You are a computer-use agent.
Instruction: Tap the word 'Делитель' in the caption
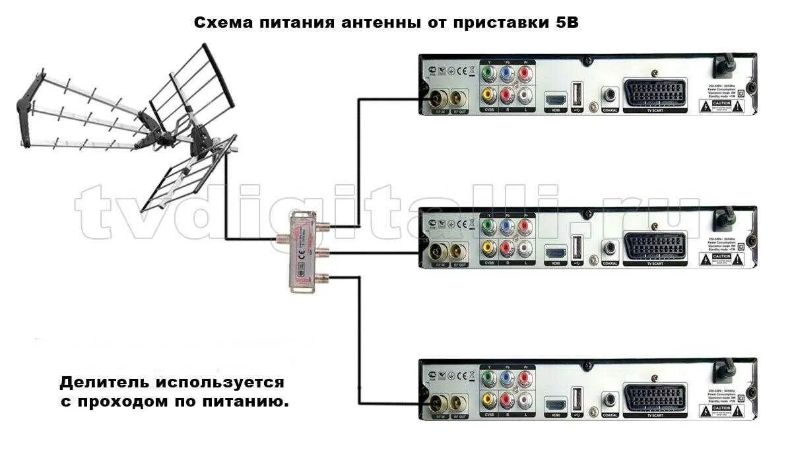pyautogui.click(x=106, y=382)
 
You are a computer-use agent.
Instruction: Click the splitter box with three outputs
pyautogui.click(x=300, y=251)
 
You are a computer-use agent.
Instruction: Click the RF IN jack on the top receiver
pyautogui.click(x=438, y=99)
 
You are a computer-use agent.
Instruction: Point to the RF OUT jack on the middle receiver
pyautogui.click(x=459, y=251)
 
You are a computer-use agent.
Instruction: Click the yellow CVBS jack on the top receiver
pyautogui.click(x=488, y=95)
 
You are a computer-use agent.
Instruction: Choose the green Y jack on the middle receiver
pyautogui.click(x=488, y=226)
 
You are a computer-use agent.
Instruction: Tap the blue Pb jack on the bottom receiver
pyautogui.click(x=507, y=378)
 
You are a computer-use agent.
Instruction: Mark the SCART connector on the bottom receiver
pyautogui.click(x=653, y=401)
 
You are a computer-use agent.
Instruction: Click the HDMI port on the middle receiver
pyautogui.click(x=554, y=251)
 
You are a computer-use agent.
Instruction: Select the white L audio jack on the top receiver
pyautogui.click(x=525, y=95)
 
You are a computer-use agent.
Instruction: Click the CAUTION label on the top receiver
pyautogui.click(x=721, y=104)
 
